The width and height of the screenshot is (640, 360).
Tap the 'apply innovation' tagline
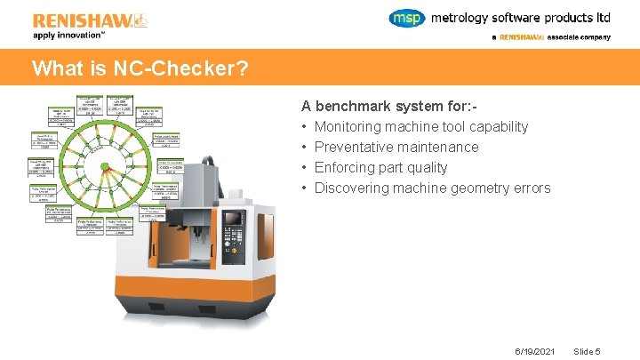point(68,35)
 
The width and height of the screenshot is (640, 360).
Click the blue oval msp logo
point(408,18)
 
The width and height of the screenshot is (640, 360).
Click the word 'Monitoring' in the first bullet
point(347,126)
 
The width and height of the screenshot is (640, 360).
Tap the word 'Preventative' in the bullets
point(352,147)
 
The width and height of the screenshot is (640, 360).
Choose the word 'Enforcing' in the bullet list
point(343,167)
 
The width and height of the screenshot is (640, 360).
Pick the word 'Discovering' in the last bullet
point(351,188)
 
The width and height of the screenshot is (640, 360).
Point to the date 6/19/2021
point(534,351)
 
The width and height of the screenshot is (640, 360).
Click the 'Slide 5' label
point(588,351)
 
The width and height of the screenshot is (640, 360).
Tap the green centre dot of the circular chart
point(104,166)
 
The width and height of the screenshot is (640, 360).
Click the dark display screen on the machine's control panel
point(233,217)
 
